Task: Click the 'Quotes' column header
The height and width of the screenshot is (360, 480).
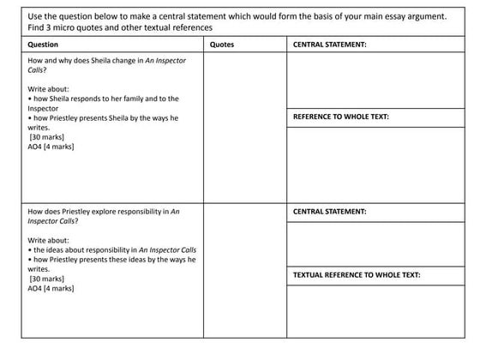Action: tap(221, 45)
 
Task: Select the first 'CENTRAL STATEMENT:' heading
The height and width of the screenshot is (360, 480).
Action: tap(330, 45)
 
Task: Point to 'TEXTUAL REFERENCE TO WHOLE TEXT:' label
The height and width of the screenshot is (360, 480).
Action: tap(357, 274)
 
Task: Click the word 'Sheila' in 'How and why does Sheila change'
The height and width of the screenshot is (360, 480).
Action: tap(104, 61)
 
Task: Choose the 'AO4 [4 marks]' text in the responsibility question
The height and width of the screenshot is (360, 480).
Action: tap(51, 289)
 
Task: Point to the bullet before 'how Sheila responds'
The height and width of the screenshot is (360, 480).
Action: tap(30, 99)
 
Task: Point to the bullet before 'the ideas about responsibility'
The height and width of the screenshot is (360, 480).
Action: tap(30, 249)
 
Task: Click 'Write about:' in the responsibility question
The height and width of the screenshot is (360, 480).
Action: tap(49, 239)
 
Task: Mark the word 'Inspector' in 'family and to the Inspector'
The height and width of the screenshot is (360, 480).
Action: tap(43, 108)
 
